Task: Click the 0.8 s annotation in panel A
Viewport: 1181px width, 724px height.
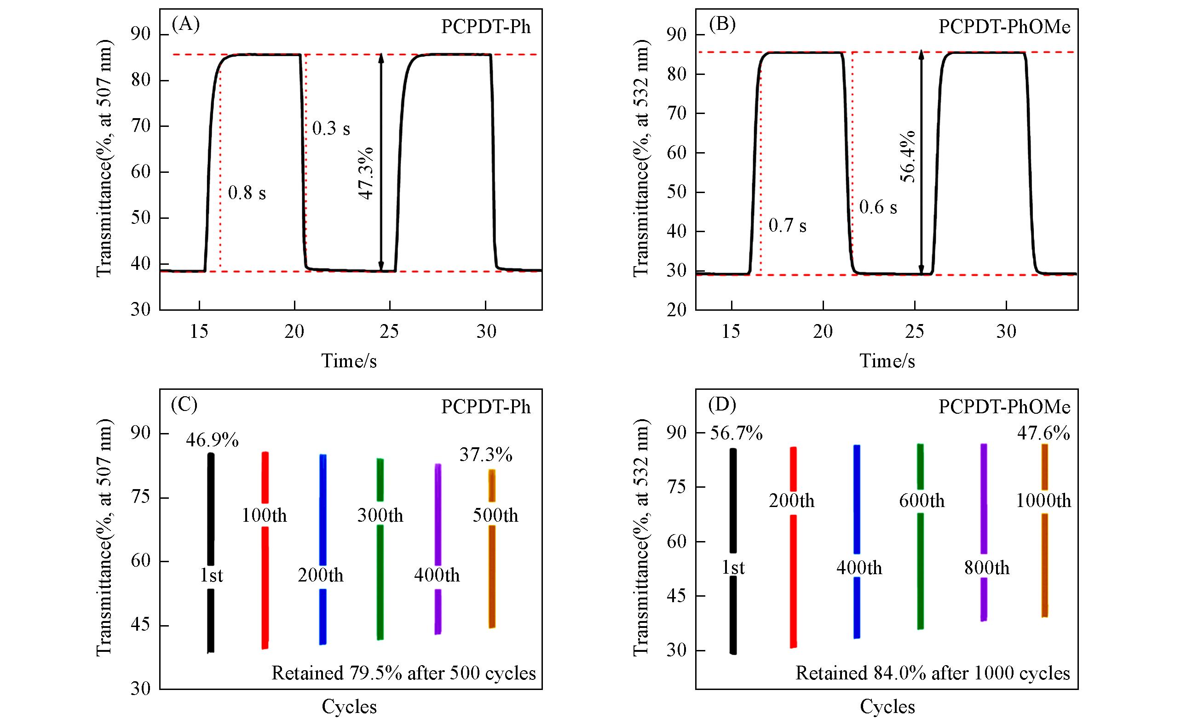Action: [247, 193]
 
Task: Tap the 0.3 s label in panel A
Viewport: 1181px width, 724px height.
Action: [331, 128]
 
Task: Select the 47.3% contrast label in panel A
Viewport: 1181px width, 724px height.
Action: [366, 173]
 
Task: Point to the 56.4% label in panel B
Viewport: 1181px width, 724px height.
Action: [908, 157]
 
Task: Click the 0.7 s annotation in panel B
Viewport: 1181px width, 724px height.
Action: [788, 226]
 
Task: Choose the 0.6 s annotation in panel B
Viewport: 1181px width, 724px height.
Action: [878, 207]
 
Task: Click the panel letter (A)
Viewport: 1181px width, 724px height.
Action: [185, 24]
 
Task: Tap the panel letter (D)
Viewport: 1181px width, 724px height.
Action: [722, 405]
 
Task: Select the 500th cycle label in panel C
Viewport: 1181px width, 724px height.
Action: [495, 516]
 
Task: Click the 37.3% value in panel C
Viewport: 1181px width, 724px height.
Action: [486, 455]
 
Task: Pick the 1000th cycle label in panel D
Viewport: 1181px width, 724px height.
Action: [1043, 501]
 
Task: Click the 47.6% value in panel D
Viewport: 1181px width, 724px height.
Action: [1043, 433]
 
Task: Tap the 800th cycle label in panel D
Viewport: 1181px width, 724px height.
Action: [987, 568]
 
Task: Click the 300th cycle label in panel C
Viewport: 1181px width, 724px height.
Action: [380, 516]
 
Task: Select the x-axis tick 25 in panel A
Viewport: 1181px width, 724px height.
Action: [389, 331]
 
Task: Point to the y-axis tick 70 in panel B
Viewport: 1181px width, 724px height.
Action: [676, 114]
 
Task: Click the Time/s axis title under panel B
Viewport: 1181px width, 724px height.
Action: [887, 361]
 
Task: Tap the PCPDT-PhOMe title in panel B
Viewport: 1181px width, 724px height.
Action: [1004, 27]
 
